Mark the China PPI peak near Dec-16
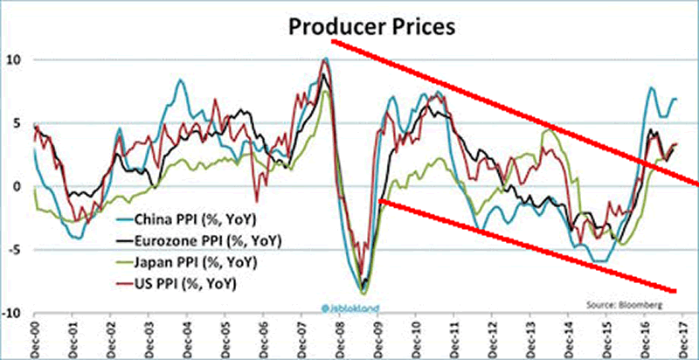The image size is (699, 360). click(x=651, y=87)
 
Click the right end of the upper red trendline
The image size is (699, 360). click(x=696, y=183)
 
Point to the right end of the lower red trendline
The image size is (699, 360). click(x=675, y=291)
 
